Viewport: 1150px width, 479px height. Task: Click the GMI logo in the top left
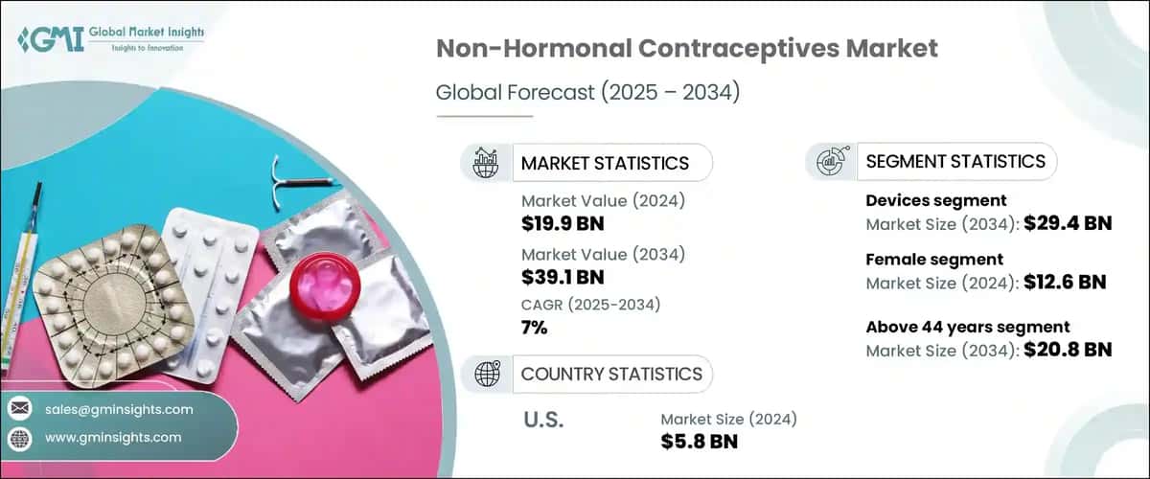point(110,40)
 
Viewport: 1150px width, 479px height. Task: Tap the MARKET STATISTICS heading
point(605,164)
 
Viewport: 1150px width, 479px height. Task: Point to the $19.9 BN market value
point(563,225)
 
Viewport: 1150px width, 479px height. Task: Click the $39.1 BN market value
point(562,278)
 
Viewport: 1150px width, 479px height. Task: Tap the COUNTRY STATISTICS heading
point(610,374)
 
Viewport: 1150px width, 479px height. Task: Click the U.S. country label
point(543,419)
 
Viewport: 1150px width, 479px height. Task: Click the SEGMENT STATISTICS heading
point(955,162)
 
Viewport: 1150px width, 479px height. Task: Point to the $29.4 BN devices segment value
point(1068,225)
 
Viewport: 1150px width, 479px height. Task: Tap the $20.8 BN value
point(1068,350)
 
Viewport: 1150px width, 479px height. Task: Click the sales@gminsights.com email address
point(118,409)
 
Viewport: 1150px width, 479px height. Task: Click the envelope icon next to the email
point(18,409)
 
